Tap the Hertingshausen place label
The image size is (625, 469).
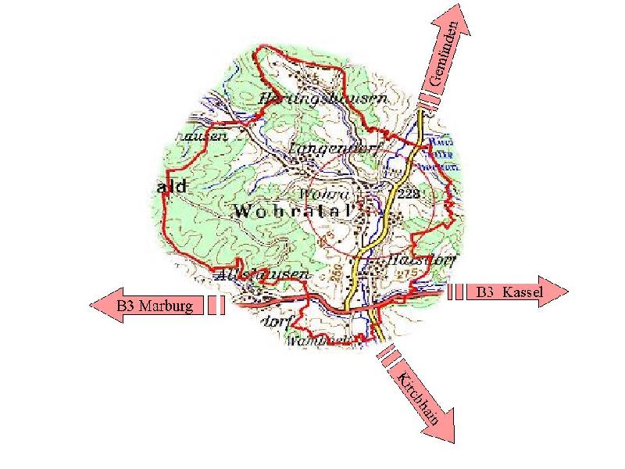(x=322, y=99)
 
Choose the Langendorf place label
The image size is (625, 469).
(x=327, y=147)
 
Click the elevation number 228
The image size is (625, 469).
(x=409, y=193)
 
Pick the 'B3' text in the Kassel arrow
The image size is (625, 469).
(x=484, y=292)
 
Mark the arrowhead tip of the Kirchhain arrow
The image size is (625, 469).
(x=453, y=442)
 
